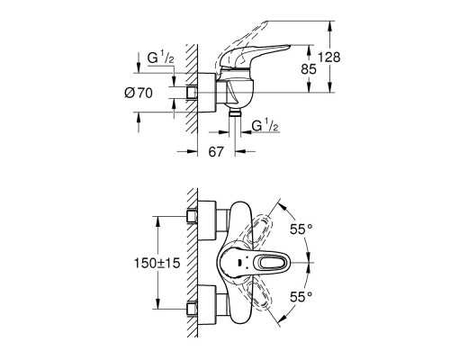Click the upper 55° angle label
point(302,229)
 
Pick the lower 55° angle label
point(302,294)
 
